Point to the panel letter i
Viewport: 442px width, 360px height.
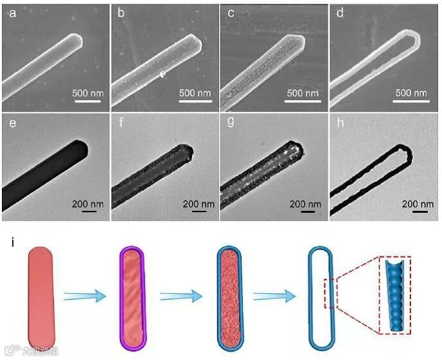pos(13,242)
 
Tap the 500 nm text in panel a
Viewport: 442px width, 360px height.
pos(87,93)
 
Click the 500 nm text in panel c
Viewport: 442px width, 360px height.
pos(303,93)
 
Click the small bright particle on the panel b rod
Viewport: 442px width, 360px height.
pos(163,74)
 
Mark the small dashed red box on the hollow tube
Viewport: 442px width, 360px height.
pos(329,296)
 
